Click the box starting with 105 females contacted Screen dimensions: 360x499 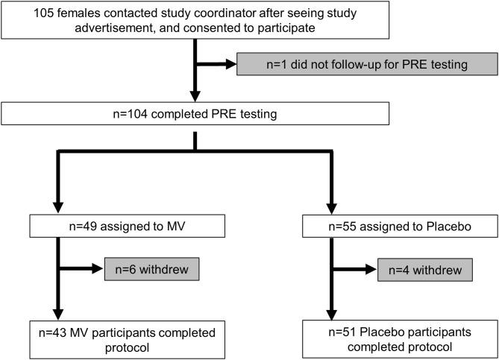point(196,19)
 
